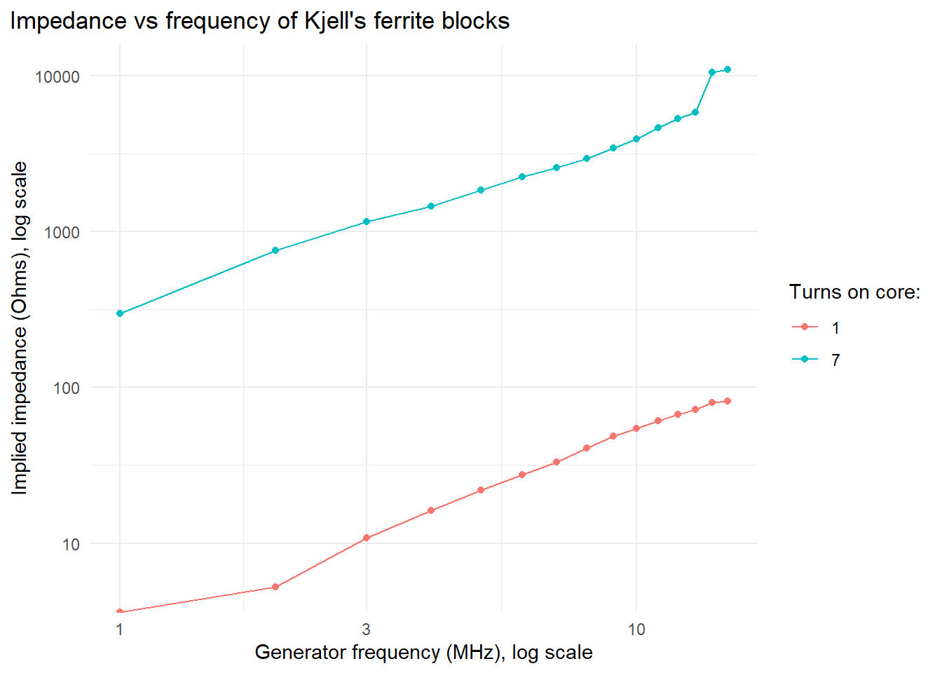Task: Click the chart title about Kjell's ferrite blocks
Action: tap(259, 21)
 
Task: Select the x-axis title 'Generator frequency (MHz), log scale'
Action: tap(423, 653)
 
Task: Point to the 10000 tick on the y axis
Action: tap(57, 76)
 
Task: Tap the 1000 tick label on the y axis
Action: tap(62, 232)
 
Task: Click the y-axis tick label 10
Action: tap(71, 544)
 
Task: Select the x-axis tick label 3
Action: tap(366, 629)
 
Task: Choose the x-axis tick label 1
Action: tap(120, 629)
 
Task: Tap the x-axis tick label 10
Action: tap(636, 629)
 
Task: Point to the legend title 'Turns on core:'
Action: tap(854, 292)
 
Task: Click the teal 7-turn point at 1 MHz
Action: tap(120, 313)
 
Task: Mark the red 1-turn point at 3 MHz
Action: tap(367, 538)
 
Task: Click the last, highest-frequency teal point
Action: tap(728, 69)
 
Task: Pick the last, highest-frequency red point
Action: tap(728, 401)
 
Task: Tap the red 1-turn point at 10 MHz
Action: tap(636, 428)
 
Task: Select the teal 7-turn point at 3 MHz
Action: tap(367, 222)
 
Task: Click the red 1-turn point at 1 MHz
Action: tap(120, 612)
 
